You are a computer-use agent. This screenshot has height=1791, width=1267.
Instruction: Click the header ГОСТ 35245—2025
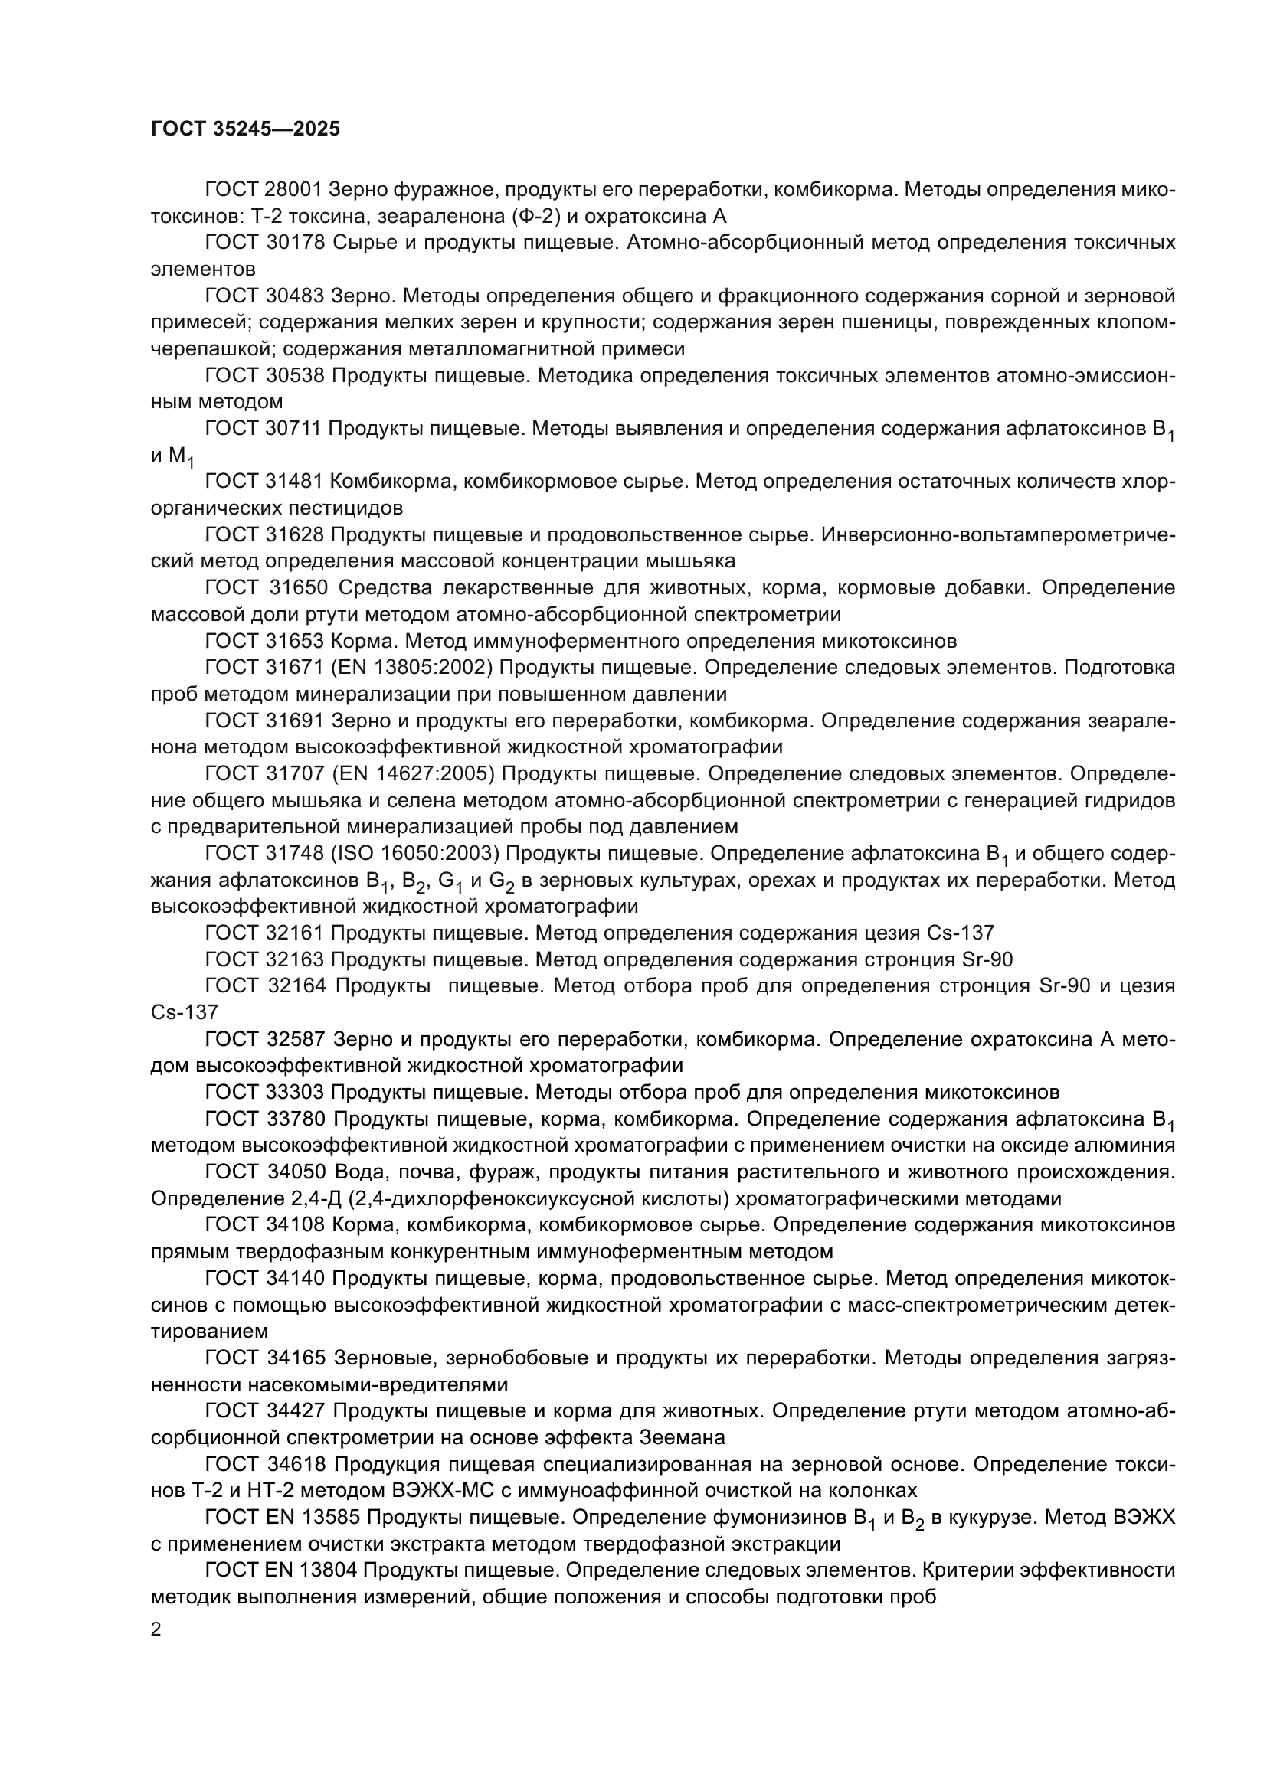245,129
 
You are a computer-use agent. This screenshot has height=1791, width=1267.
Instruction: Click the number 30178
296,243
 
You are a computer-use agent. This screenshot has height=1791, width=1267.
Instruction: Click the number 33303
296,1091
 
